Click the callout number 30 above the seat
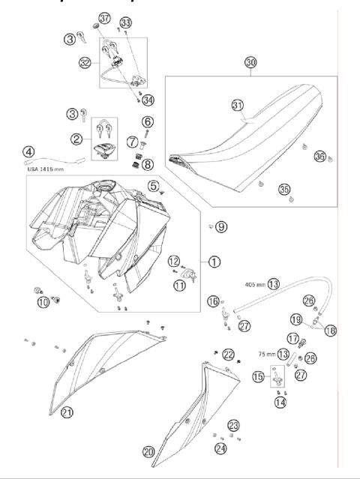(250, 64)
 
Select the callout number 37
(104, 18)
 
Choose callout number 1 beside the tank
(214, 262)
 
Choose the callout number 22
(229, 354)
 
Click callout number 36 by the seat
(320, 156)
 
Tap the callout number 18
(331, 329)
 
